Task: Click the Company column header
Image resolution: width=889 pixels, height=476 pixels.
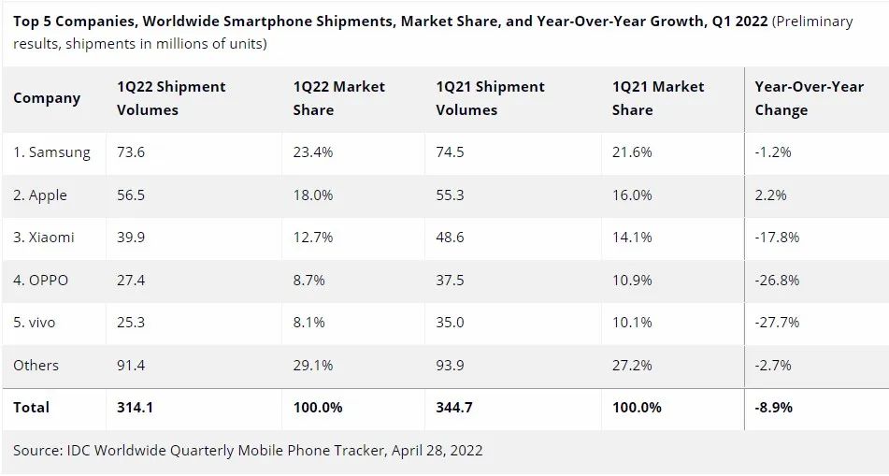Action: (x=47, y=98)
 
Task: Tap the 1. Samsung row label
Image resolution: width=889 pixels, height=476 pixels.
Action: (x=52, y=152)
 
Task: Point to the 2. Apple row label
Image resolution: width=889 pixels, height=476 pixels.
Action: (x=40, y=195)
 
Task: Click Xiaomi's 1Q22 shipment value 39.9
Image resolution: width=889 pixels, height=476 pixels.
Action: (x=131, y=238)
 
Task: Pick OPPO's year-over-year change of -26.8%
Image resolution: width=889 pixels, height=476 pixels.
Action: (x=777, y=281)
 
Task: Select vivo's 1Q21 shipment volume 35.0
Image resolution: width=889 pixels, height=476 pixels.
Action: (x=450, y=323)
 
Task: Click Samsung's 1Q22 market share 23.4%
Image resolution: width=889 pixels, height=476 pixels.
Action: (x=313, y=152)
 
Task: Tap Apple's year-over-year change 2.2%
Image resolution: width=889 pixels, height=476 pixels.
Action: (x=771, y=195)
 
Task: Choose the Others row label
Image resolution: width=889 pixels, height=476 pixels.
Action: (x=36, y=365)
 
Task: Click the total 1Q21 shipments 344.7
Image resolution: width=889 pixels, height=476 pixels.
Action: (x=455, y=408)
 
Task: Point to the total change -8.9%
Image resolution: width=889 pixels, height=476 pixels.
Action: (x=774, y=408)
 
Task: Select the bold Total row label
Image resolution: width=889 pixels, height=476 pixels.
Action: (x=32, y=408)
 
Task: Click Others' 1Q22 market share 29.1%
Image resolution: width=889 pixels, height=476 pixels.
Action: (x=313, y=365)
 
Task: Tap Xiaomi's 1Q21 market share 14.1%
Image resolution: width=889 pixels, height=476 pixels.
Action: (x=632, y=238)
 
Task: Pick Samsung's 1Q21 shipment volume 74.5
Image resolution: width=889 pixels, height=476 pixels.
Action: (x=451, y=152)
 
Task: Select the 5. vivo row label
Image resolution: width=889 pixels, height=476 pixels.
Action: (x=35, y=323)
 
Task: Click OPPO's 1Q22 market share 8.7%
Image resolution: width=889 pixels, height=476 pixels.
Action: (x=309, y=281)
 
